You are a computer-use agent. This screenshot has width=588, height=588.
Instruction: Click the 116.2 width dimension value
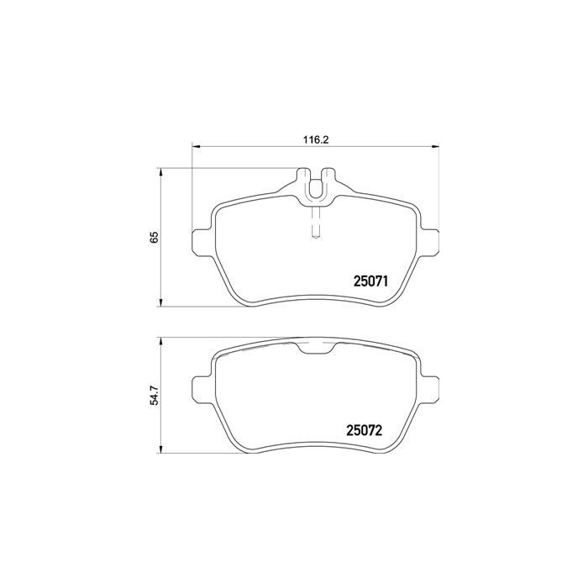315,139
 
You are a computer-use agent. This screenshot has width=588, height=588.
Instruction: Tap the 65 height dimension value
154,237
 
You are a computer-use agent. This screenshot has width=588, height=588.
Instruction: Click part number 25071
366,283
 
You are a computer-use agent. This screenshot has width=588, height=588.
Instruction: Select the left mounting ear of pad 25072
202,387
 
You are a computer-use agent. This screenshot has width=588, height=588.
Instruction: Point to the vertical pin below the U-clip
316,223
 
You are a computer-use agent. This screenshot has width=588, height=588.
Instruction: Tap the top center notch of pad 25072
316,349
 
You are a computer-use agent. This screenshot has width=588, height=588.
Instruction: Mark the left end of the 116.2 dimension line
194,148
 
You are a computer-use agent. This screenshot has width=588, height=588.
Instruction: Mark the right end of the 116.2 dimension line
438,148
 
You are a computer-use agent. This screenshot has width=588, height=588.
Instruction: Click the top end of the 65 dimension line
161,168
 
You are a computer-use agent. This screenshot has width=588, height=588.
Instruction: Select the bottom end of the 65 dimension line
161,307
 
